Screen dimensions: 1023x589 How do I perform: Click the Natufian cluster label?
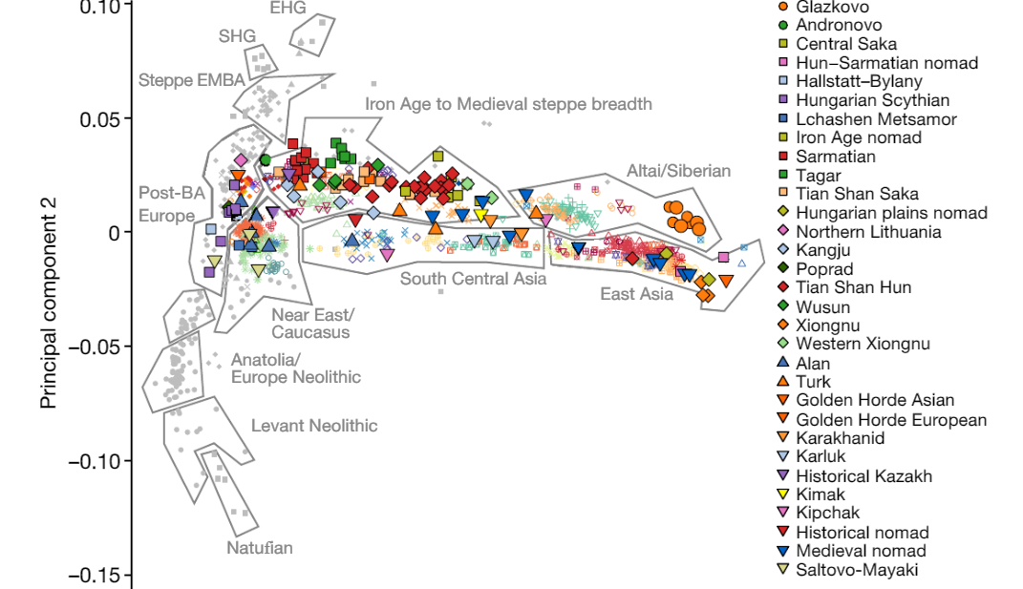pyautogui.click(x=260, y=548)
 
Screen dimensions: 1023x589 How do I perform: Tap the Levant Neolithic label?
pyautogui.click(x=314, y=426)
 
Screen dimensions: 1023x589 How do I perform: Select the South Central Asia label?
pyautogui.click(x=473, y=279)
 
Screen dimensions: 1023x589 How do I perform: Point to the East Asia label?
pyautogui.click(x=637, y=294)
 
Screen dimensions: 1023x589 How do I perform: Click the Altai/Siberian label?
pyautogui.click(x=678, y=171)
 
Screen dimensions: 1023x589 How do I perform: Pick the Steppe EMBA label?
pyautogui.click(x=192, y=80)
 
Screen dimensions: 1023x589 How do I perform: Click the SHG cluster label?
pyautogui.click(x=237, y=36)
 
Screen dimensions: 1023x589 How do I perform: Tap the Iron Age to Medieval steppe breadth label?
pyautogui.click(x=508, y=104)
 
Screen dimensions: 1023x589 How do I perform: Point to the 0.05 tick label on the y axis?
pyautogui.click(x=100, y=119)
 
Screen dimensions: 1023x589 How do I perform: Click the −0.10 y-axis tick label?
pyautogui.click(x=95, y=461)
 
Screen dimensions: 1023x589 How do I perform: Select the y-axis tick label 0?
pyautogui.click(x=115, y=233)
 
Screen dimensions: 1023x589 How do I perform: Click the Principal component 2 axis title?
pyautogui.click(x=49, y=304)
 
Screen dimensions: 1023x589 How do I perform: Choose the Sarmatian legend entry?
pyautogui.click(x=827, y=157)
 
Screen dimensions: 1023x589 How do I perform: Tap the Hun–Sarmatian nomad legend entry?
pyautogui.click(x=878, y=63)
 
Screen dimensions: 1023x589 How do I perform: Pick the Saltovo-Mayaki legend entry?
pyautogui.click(x=848, y=570)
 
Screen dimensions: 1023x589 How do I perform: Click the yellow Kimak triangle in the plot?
pyautogui.click(x=481, y=215)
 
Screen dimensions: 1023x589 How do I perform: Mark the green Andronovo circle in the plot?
pyautogui.click(x=265, y=159)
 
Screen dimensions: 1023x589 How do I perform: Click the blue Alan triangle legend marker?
pyautogui.click(x=783, y=363)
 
